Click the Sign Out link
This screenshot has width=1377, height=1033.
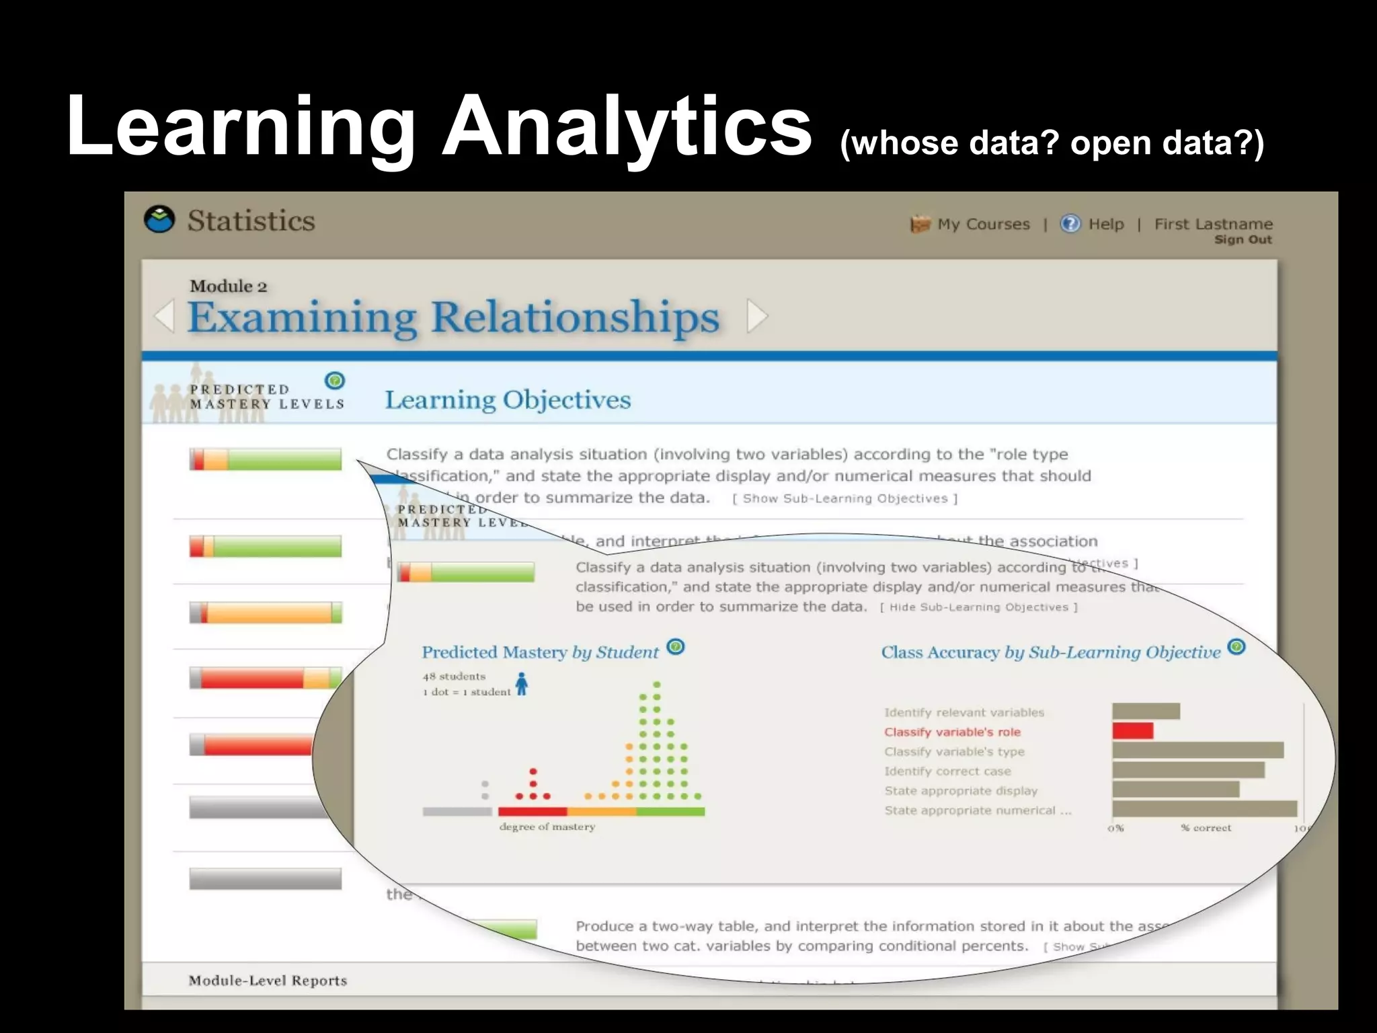pyautogui.click(x=1243, y=240)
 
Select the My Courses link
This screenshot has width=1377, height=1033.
pyautogui.click(x=983, y=224)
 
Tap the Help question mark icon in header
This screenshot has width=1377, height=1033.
pyautogui.click(x=1070, y=223)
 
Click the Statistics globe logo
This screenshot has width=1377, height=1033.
pyautogui.click(x=159, y=220)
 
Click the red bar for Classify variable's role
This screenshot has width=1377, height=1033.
pyautogui.click(x=1132, y=731)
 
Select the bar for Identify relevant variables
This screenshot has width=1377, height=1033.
pyautogui.click(x=1146, y=712)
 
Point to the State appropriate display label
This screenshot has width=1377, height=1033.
pyautogui.click(x=961, y=791)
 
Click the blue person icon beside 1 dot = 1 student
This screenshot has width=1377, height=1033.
pyautogui.click(x=521, y=684)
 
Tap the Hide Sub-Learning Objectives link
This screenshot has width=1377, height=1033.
pyautogui.click(x=978, y=607)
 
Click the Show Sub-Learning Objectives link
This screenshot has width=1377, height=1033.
pyautogui.click(x=844, y=498)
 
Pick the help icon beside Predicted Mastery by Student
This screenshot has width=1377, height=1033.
pyautogui.click(x=676, y=647)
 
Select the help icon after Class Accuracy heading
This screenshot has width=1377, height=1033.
pyautogui.click(x=1236, y=647)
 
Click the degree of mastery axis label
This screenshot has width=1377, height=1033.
pyautogui.click(x=547, y=827)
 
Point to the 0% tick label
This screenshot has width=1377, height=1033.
pyautogui.click(x=1115, y=829)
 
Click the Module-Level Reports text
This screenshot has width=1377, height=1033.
pyautogui.click(x=268, y=981)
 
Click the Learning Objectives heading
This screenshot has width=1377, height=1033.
pyautogui.click(x=508, y=399)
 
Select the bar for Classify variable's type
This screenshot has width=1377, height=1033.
pyautogui.click(x=1197, y=751)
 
